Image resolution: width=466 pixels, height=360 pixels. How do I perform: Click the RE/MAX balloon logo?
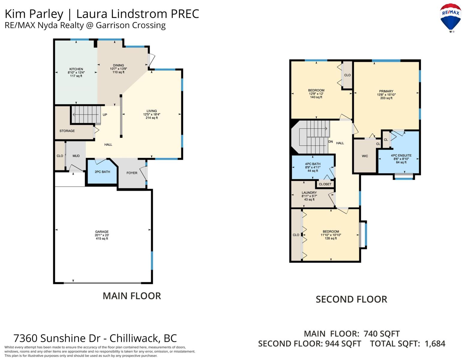click(450, 18)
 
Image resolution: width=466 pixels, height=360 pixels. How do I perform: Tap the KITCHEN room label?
click(76, 69)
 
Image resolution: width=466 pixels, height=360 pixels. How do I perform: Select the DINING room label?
click(119, 65)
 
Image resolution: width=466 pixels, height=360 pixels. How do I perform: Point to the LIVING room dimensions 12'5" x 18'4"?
click(152, 114)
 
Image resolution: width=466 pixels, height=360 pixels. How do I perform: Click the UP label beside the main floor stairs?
click(105, 115)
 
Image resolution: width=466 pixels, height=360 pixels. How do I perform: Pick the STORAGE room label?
click(67, 131)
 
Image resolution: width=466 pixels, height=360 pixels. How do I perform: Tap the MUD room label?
click(76, 156)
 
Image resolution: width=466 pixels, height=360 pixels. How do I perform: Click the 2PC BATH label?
click(102, 172)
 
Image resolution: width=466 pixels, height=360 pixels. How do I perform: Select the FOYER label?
click(132, 173)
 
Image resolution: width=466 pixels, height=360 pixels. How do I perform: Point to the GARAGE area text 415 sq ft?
click(102, 238)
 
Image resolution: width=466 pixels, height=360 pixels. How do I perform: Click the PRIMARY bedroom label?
click(386, 91)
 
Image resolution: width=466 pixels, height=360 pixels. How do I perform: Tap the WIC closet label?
click(365, 156)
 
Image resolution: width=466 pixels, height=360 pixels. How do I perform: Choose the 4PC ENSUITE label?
click(401, 155)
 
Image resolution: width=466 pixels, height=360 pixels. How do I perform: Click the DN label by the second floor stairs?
click(330, 142)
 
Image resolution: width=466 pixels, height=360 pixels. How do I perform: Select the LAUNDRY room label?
click(309, 193)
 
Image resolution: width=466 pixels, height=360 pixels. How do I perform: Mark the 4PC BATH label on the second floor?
click(313, 164)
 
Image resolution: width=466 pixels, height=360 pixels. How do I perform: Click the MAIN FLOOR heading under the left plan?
click(132, 296)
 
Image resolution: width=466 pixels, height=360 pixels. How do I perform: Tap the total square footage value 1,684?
click(435, 344)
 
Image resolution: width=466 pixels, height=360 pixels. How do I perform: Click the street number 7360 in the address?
click(25, 338)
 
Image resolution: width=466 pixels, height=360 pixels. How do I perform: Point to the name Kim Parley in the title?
click(34, 14)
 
